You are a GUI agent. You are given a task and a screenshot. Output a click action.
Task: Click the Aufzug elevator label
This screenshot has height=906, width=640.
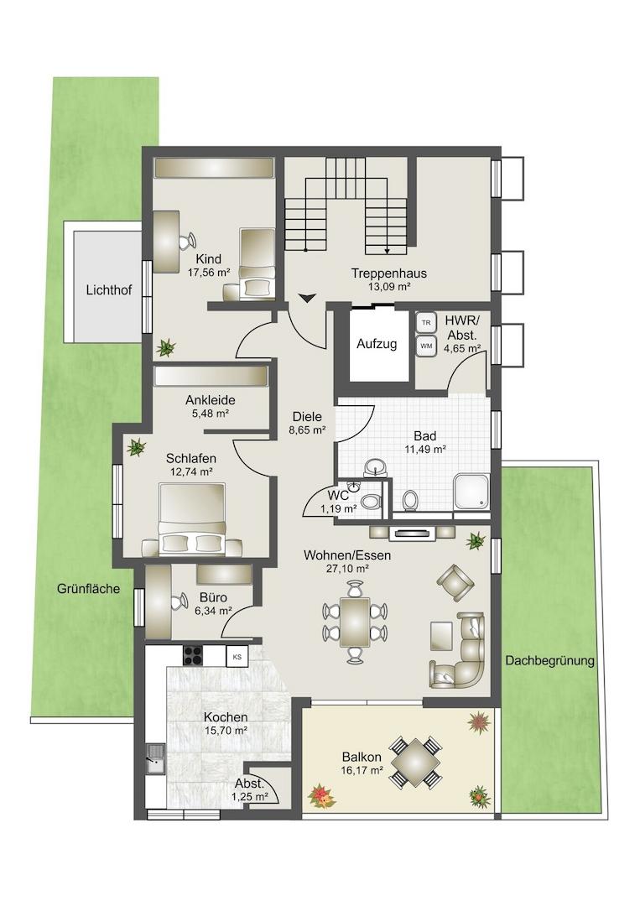point(377,345)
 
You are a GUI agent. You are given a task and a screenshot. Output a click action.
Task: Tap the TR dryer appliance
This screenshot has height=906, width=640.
point(426,323)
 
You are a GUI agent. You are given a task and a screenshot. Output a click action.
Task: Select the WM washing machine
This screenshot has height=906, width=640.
point(426,346)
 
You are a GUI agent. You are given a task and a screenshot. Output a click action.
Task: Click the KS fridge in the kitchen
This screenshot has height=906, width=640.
point(237,656)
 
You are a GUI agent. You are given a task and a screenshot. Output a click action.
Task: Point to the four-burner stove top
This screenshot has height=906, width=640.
point(193,655)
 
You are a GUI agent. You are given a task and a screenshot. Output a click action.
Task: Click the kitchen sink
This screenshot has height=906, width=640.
point(155,758)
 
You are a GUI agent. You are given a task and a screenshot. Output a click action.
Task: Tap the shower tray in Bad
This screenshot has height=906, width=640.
point(472,492)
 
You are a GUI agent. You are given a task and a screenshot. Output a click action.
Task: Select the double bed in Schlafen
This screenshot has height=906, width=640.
point(192,518)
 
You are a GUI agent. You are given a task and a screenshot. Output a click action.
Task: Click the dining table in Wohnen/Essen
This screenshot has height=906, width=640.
point(355,622)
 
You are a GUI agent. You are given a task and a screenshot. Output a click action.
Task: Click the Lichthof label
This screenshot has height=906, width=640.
point(108,290)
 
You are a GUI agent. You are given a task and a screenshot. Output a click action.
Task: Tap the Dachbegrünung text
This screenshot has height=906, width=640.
point(550,661)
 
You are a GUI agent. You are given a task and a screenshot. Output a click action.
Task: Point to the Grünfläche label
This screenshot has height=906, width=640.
point(88,589)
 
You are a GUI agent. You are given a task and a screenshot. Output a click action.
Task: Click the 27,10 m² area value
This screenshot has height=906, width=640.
point(348,569)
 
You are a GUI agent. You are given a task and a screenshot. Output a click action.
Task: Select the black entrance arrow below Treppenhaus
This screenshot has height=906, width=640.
point(308,298)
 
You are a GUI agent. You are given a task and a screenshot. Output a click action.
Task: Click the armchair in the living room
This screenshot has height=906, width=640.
point(455,581)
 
